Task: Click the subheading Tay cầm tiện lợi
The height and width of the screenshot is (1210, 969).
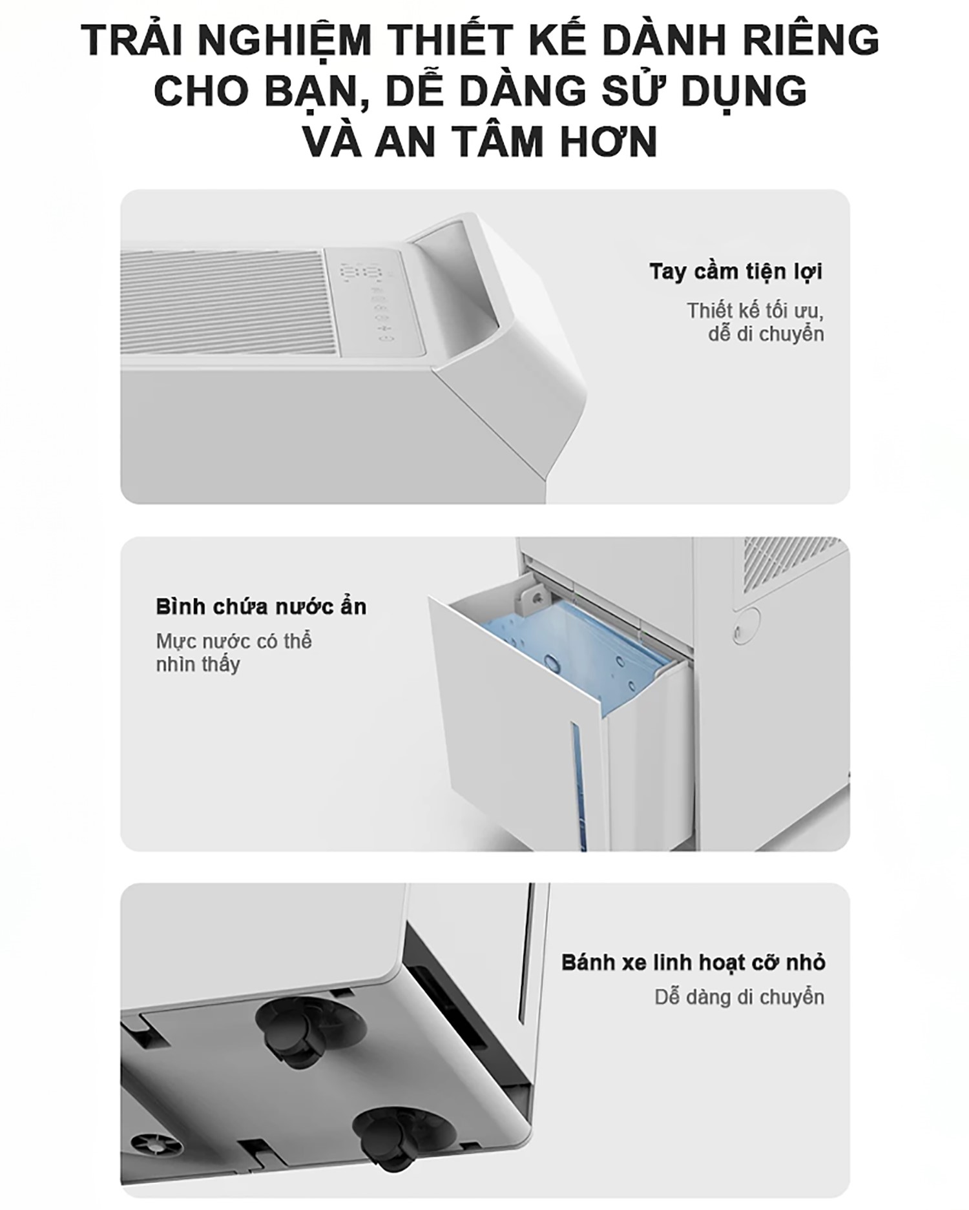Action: point(736,272)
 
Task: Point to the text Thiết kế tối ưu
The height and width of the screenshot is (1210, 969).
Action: point(755,311)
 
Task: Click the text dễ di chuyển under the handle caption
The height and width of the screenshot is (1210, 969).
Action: point(766,335)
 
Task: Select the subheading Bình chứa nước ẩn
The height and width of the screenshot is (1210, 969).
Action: point(261,607)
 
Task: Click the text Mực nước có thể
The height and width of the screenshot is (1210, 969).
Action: point(234,642)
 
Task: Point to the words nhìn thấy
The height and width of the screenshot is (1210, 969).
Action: point(198,665)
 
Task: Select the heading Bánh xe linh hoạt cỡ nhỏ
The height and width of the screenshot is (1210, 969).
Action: point(693,962)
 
